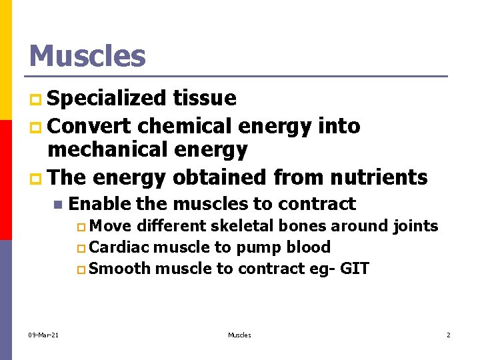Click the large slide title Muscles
(87, 56)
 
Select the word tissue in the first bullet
(205, 99)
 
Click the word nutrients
(383, 177)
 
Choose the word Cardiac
(119, 247)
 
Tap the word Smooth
(119, 269)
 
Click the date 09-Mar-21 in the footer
(43, 335)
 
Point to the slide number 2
(449, 335)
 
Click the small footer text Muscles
(239, 335)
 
